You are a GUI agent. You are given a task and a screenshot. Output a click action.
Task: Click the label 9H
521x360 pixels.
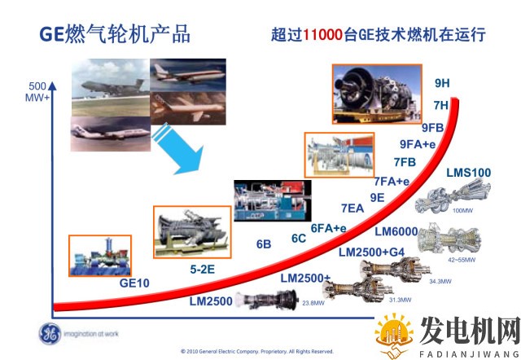[442, 83]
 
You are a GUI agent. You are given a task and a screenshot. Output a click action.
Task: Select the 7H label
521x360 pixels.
[441, 105]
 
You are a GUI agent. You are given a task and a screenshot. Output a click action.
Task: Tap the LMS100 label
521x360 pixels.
[469, 173]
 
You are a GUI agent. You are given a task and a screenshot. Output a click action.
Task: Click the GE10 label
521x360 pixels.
[135, 283]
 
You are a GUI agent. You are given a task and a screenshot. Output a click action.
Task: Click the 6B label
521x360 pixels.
[263, 244]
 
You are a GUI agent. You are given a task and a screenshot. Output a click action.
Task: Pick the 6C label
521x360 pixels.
[299, 238]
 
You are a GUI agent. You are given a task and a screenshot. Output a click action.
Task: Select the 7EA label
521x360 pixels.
[352, 208]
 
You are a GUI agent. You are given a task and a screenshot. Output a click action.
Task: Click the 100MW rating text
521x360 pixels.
[462, 211]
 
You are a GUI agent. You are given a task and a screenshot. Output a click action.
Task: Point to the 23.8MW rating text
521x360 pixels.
[313, 303]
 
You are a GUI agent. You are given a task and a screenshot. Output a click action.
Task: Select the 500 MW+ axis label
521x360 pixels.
[37, 92]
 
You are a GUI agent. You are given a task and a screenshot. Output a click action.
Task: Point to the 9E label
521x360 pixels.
[377, 197]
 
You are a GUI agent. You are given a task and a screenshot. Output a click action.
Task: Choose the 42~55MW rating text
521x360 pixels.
[461, 260]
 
